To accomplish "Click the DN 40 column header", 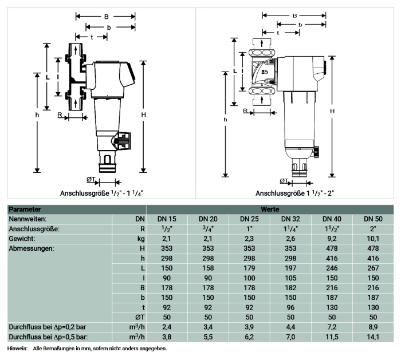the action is click(x=332, y=219).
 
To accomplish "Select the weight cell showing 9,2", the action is click(x=332, y=239).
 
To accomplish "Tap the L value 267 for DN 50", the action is click(x=373, y=268).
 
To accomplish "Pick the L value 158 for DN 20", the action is click(x=208, y=268).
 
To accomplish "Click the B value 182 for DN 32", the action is click(x=290, y=288).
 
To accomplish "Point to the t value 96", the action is click(x=290, y=307).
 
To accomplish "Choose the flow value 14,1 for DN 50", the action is click(x=373, y=337).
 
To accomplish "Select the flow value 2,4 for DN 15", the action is click(x=167, y=327).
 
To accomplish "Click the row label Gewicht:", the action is click(x=22, y=239).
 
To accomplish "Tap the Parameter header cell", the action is click(x=25, y=209).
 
